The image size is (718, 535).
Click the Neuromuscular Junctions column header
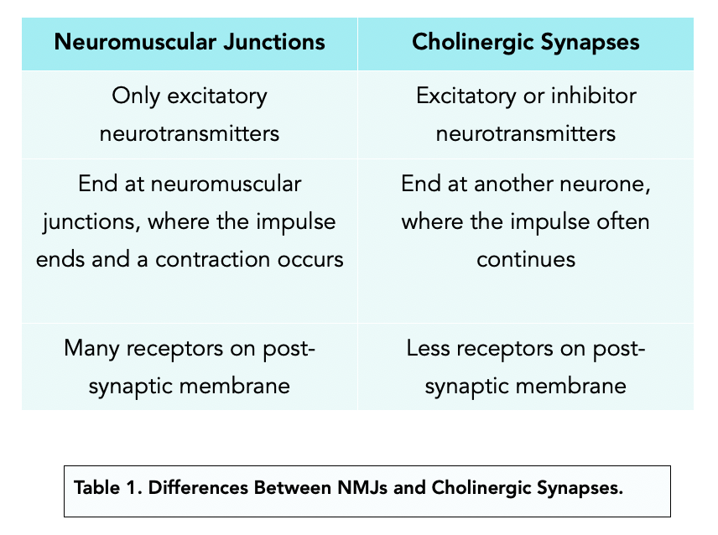(189, 42)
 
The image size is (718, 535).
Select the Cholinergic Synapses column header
(526, 42)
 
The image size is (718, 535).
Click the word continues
(526, 258)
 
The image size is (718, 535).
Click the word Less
(429, 347)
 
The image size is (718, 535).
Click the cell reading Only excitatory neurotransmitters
(189, 113)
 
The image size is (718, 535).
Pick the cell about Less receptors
(526, 366)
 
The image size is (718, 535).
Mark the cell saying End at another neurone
(526, 221)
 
